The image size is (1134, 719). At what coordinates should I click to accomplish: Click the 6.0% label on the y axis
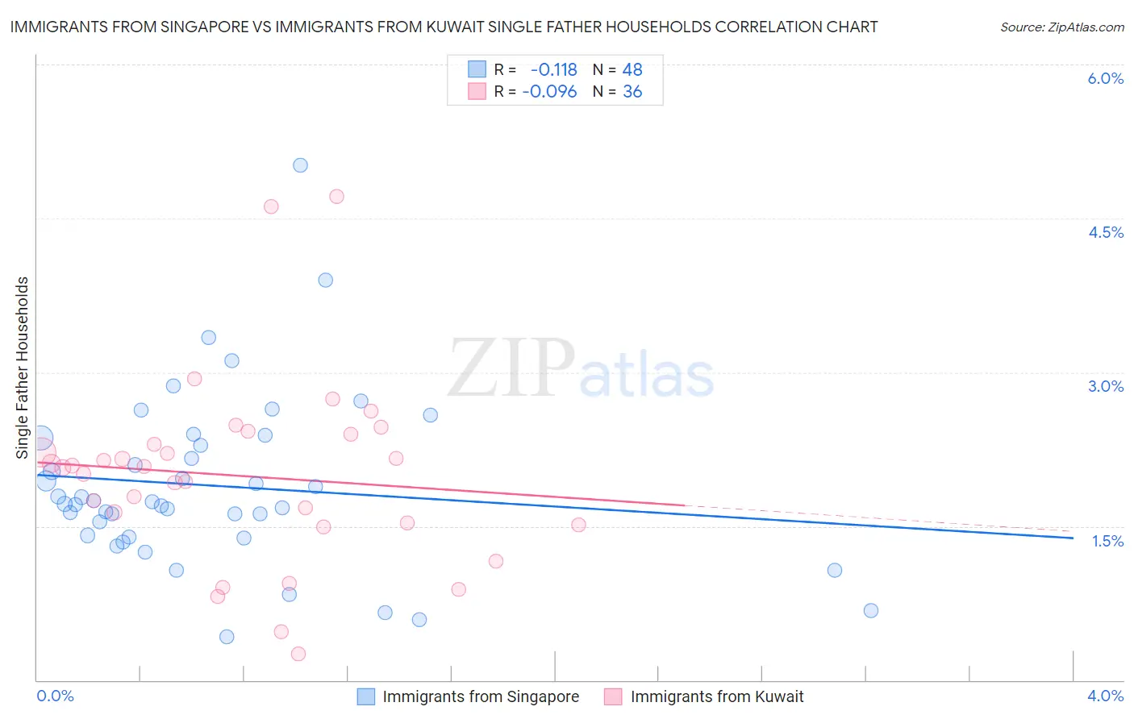tap(1105, 78)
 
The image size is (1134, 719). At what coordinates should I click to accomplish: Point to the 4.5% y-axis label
tap(1105, 232)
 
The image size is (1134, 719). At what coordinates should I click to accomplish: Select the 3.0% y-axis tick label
tap(1105, 386)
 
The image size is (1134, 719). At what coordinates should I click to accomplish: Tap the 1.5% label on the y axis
tap(1107, 541)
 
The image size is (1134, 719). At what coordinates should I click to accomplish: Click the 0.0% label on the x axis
tap(55, 696)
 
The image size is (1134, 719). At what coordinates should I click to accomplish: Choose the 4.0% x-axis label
tap(1105, 696)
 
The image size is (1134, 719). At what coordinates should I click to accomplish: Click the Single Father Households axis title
tap(23, 368)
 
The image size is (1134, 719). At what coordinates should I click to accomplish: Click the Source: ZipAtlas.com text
tap(1061, 27)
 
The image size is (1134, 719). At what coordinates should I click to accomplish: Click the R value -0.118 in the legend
tap(553, 70)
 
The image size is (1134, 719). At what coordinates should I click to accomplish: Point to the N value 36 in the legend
tap(632, 92)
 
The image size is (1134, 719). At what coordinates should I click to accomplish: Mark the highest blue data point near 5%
tap(300, 165)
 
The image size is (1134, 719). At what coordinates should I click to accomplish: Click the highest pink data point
tap(336, 197)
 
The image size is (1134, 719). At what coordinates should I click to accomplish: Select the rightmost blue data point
tap(870, 610)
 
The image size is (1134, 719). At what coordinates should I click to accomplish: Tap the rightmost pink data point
tap(578, 525)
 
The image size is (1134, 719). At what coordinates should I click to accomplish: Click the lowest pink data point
tap(298, 654)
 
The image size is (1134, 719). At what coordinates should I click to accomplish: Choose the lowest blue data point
tap(227, 637)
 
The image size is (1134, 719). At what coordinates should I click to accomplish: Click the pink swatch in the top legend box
tap(477, 92)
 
